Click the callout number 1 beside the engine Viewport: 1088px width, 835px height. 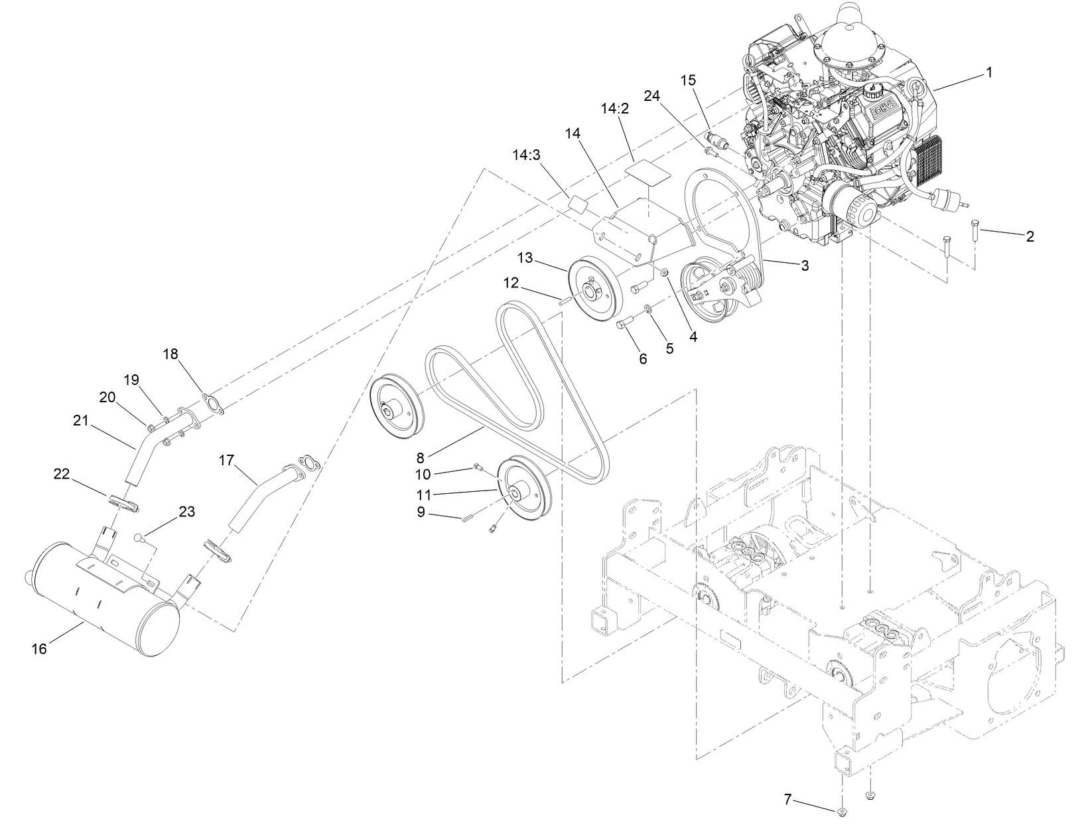click(988, 73)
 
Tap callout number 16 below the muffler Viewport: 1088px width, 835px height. click(39, 648)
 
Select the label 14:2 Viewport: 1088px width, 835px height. click(614, 109)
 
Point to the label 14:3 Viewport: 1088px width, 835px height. click(526, 155)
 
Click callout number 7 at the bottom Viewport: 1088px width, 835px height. click(787, 800)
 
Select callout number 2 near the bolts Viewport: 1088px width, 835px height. click(1030, 236)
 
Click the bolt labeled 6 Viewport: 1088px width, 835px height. click(625, 324)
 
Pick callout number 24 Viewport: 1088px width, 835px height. click(652, 96)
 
